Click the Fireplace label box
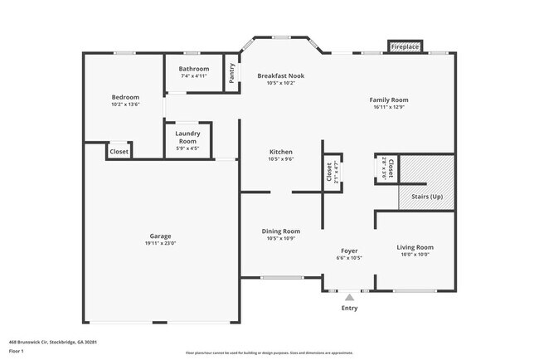405,47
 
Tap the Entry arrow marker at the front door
350,295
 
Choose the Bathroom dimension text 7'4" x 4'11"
193,76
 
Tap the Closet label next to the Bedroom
119,152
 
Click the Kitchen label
280,152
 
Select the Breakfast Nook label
280,75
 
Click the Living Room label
415,247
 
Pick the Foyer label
349,251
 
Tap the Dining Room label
280,231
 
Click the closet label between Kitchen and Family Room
329,173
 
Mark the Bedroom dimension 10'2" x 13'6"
125,105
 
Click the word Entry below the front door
350,309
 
